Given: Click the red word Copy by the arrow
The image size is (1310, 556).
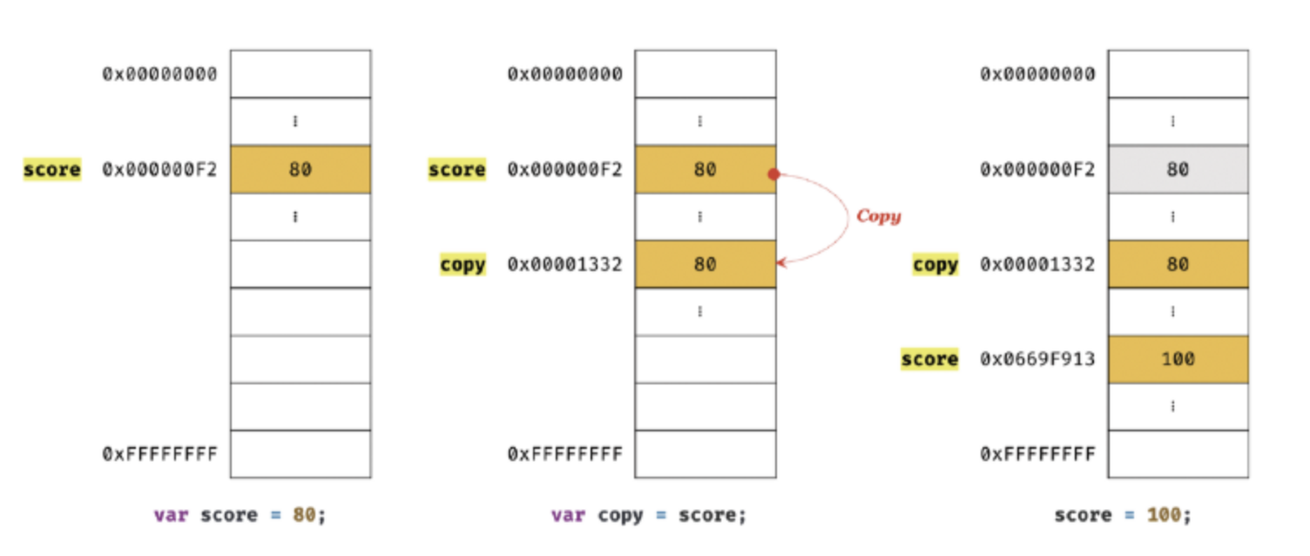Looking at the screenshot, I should point(878,216).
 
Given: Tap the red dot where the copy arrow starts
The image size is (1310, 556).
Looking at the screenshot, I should point(773,174).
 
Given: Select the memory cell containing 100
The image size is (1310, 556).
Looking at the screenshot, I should point(1178,359).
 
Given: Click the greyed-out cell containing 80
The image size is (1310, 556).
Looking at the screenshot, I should point(1178,169).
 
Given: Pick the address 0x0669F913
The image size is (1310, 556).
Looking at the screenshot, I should point(1037,359).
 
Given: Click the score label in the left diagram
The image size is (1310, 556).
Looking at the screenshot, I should point(52,169).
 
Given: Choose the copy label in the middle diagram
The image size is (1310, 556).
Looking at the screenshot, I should point(463,264).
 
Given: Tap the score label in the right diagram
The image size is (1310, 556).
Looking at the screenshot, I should point(929,359).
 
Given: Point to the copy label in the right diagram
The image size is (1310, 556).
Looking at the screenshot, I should point(935,264).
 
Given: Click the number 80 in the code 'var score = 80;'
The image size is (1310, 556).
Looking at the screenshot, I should point(304,515).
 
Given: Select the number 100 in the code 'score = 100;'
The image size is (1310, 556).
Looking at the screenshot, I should point(1164,515).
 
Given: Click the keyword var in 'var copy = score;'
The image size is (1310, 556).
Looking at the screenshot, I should point(568,515).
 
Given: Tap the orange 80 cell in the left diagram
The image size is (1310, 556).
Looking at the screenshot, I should point(300,169).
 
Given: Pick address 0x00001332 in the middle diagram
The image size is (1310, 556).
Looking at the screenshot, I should point(565,264).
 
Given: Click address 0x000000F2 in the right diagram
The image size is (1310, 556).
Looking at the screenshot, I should point(1037,169).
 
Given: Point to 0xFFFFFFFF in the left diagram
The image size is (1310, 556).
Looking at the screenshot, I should point(159,454).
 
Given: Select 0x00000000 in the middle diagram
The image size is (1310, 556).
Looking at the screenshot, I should point(565,74).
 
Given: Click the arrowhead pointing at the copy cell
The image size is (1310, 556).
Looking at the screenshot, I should point(780,261).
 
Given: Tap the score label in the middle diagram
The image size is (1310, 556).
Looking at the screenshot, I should point(457,169).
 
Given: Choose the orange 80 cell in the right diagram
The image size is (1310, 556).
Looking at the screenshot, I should point(1178,264).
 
